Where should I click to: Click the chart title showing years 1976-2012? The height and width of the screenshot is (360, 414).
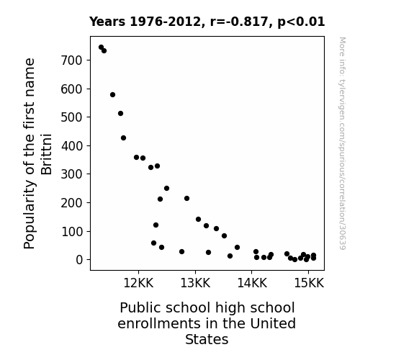tap(207, 22)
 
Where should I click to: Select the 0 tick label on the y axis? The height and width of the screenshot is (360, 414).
tap(79, 260)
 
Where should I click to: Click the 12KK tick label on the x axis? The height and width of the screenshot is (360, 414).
tap(138, 283)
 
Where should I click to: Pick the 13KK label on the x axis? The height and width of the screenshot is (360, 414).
tap(195, 283)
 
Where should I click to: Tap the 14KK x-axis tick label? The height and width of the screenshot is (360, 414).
tap(252, 283)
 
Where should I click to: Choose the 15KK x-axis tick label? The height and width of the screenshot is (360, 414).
tap(309, 283)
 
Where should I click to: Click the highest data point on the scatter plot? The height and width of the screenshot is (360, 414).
tap(101, 48)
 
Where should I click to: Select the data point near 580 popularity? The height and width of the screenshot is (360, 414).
tap(112, 94)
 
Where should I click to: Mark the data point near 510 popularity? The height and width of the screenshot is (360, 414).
tap(120, 113)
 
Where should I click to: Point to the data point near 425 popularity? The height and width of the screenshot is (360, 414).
tap(123, 138)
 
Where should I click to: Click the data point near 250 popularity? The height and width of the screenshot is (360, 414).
tap(166, 189)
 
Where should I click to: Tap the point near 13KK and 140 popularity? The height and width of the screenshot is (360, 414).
tap(198, 219)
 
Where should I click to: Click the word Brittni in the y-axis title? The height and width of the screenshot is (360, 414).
tap(47, 155)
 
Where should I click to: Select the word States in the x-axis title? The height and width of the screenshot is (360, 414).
tap(207, 339)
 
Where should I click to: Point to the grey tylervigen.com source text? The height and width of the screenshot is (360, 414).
tap(343, 143)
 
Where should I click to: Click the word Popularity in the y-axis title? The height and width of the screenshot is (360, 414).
tap(29, 215)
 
